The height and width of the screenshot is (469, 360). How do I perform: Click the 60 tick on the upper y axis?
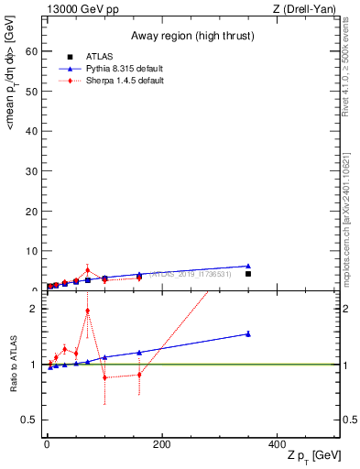pyautogui.click(x=35, y=51)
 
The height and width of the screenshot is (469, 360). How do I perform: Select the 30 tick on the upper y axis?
pyautogui.click(x=35, y=170)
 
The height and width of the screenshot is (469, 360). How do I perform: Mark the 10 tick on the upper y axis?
pyautogui.click(x=35, y=250)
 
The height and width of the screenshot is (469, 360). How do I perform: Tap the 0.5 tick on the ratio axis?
pyautogui.click(x=33, y=420)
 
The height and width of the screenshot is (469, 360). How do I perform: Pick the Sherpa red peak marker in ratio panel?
pyautogui.click(x=87, y=311)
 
